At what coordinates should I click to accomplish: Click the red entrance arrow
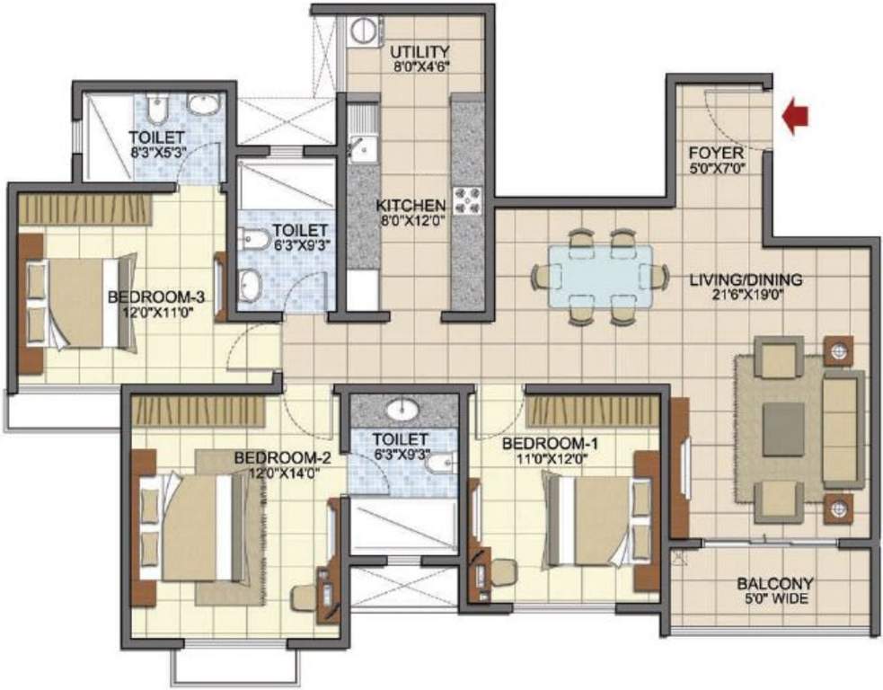pos(795,118)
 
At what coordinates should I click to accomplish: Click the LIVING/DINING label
pos(746,279)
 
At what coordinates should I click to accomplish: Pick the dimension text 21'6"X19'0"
pos(746,294)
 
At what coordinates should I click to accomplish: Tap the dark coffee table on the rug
pos(783,429)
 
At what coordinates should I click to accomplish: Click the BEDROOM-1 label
pos(551,444)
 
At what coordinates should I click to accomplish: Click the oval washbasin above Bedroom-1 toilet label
pos(403,411)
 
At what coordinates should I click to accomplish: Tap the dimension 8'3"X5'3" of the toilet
pos(157,152)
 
